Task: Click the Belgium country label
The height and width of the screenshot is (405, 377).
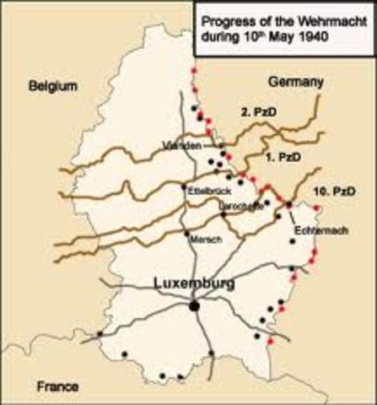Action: pos(52,86)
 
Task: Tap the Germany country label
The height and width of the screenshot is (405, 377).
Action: pos(295,81)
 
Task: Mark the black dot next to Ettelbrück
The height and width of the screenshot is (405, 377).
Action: pos(185,186)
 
